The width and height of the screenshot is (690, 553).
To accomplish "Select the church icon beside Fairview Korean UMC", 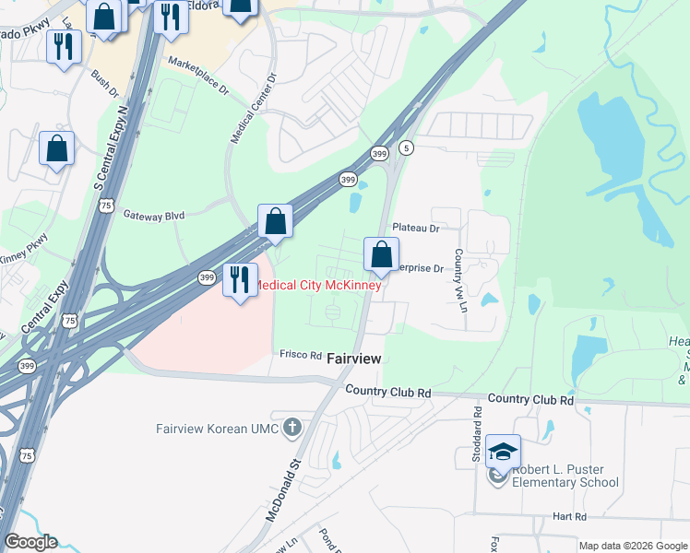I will click(292, 426).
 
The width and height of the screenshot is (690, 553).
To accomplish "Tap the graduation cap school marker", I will click(503, 452).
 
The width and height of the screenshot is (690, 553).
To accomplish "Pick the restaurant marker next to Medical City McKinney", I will click(240, 278).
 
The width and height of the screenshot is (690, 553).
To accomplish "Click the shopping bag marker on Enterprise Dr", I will click(381, 254).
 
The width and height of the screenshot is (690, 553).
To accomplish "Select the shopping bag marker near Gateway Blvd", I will click(275, 220).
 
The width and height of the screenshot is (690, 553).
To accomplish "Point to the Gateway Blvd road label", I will click(154, 215).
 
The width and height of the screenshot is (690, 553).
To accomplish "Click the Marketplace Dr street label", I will click(197, 76).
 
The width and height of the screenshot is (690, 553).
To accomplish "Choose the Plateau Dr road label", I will click(415, 227).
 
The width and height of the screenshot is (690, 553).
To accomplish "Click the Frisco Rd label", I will click(301, 355).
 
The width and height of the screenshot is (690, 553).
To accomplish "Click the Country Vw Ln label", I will click(458, 278).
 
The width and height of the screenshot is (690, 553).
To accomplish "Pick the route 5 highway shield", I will click(406, 147).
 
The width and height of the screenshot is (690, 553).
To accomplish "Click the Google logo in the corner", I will click(30, 542).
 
